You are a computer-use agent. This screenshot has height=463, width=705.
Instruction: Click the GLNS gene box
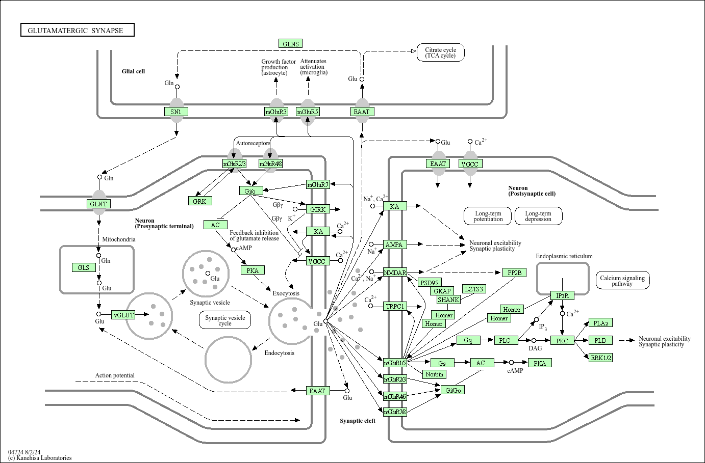coord(291,44)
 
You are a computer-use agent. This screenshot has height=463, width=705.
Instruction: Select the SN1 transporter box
coord(176,112)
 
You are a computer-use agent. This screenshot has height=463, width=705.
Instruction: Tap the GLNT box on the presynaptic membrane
coord(98,204)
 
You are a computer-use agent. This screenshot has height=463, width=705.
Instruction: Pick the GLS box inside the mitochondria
coord(84,267)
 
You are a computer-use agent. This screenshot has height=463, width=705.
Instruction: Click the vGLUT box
coord(124,315)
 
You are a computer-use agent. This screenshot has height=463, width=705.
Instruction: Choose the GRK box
coord(199,201)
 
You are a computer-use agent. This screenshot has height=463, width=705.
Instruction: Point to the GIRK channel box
coord(318,209)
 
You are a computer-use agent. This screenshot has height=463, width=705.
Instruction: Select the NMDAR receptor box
coord(395,273)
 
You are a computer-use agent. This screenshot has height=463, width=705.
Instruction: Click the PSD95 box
coord(429,283)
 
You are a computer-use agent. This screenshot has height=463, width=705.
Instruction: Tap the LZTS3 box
coord(474,289)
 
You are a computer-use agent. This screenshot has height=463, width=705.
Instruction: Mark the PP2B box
coord(514,273)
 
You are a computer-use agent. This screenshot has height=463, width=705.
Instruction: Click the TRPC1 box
coord(395,306)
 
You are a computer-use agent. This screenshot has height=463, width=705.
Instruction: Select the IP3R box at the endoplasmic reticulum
coord(562,295)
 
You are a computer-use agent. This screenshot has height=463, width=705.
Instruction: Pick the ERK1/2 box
coord(601,358)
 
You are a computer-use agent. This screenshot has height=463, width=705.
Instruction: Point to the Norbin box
coord(435,374)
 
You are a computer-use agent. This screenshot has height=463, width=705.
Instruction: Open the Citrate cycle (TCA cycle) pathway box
coord(441,52)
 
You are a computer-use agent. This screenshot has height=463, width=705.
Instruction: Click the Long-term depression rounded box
coord(538,216)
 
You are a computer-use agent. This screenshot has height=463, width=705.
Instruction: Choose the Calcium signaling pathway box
coord(622,281)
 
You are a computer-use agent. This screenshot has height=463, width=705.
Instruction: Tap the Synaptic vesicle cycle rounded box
coord(225,320)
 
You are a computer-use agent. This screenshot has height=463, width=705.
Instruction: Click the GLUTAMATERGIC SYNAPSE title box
coord(78,31)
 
